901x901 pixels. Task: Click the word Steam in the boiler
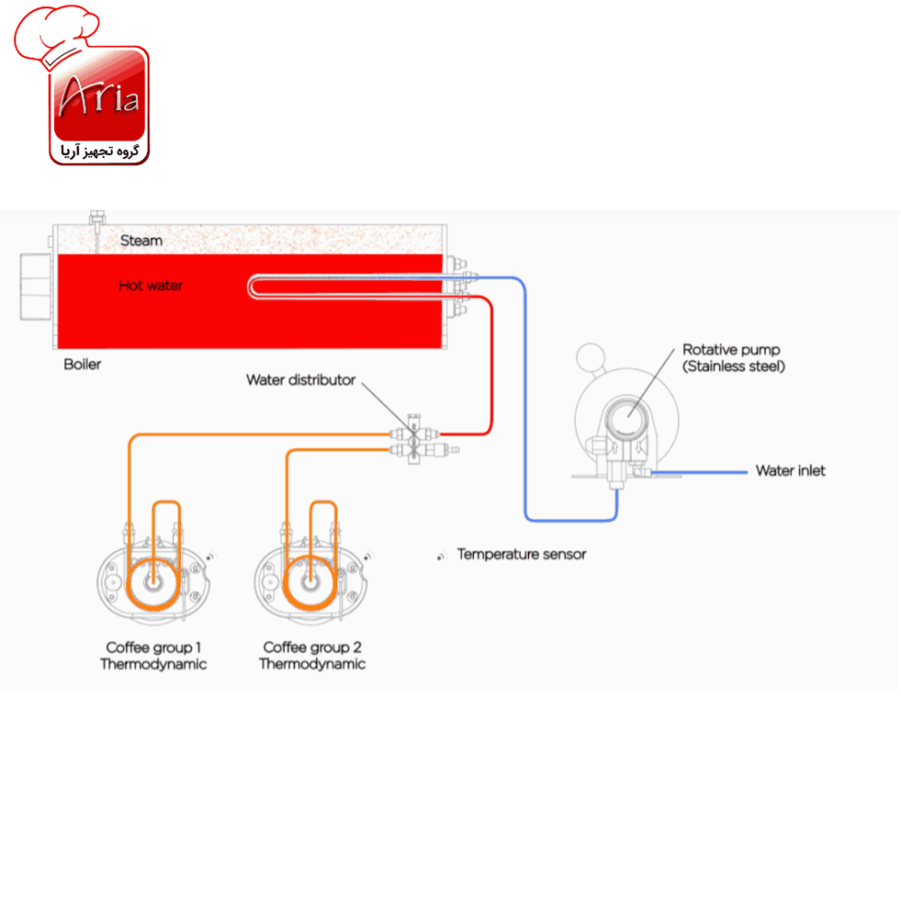coord(141,241)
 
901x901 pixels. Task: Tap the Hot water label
coord(150,285)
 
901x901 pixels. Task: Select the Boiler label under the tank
coord(82,364)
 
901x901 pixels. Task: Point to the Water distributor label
coord(301,380)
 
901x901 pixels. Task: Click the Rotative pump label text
coord(733,358)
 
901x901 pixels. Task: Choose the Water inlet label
coord(790,470)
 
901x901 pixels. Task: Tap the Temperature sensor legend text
coord(521,554)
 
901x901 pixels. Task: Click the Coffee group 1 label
coord(153,656)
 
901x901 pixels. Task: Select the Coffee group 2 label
coord(312,656)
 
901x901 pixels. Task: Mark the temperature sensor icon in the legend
coord(441,556)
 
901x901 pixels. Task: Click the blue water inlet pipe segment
coord(699,472)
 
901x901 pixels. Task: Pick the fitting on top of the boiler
coord(97,219)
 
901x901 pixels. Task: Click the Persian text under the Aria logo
coord(100,151)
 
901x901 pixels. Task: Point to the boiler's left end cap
coord(36,287)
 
